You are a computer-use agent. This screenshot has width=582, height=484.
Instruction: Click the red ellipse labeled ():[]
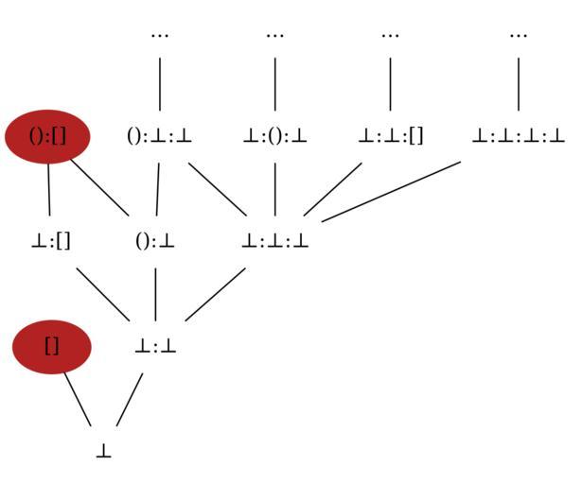pos(47,136)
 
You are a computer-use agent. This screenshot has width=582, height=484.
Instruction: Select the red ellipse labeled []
pos(52,346)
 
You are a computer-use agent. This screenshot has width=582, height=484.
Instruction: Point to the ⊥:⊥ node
pos(155,347)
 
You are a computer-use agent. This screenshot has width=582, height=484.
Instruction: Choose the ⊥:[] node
pos(50,241)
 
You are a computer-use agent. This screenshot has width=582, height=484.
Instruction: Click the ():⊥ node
pos(155,241)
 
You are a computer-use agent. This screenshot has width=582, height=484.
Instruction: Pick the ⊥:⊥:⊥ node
pos(274,241)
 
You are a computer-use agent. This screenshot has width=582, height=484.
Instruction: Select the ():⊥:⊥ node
pos(159,136)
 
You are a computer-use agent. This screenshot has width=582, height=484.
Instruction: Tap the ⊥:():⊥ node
pos(274,136)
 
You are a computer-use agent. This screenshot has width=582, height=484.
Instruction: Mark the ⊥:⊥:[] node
pos(390,136)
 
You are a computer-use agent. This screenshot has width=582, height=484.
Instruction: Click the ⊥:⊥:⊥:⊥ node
pos(518,136)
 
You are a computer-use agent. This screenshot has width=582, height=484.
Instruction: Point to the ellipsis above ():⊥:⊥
pos(159,35)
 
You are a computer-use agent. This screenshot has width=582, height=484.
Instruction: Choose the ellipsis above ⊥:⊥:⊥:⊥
pos(518,35)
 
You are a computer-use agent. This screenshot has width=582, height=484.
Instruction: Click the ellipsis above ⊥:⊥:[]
pos(390,35)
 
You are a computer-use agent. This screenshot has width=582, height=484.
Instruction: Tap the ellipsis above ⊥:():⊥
pos(274,35)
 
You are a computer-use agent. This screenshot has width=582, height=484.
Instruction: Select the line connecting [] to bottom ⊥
pos(78,400)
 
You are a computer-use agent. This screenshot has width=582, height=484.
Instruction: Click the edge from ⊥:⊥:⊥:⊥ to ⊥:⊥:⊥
pos(391,191)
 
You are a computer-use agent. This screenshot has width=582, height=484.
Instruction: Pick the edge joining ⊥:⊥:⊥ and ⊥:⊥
pos(215,295)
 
